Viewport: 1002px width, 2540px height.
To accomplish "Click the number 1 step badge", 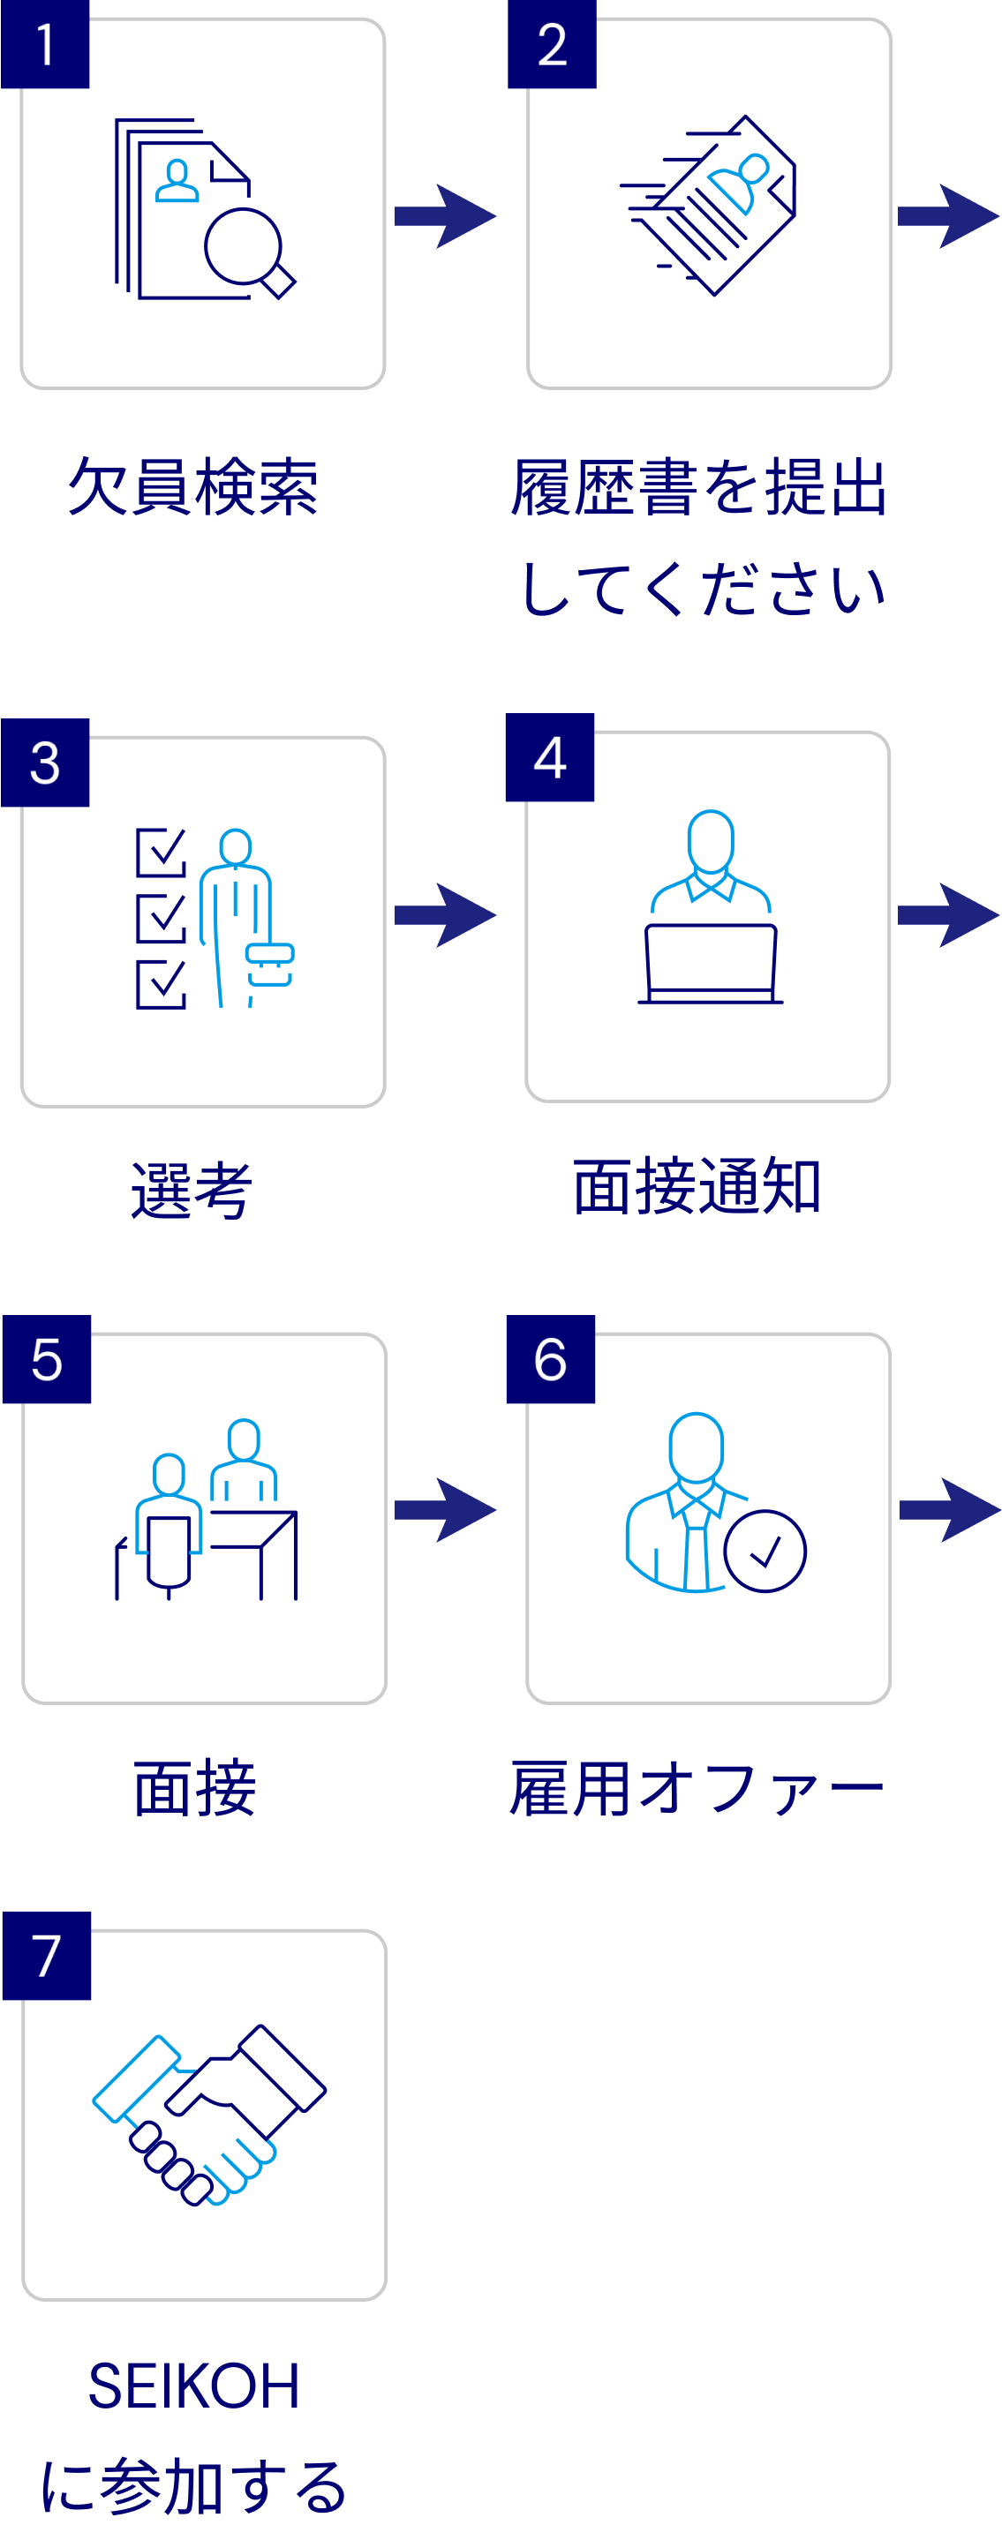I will click(45, 44).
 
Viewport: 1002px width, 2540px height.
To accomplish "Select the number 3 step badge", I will click(45, 763).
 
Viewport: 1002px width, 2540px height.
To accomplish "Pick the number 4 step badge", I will click(549, 757).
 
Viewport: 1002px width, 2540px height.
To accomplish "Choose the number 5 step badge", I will click(47, 1359).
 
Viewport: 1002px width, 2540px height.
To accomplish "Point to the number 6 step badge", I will click(550, 1359).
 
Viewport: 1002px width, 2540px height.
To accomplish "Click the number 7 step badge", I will click(47, 1957).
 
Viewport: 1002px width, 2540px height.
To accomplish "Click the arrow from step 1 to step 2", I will click(445, 216).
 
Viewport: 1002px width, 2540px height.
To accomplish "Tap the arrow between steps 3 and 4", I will click(445, 915).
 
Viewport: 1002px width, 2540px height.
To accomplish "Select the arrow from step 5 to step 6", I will click(445, 1509).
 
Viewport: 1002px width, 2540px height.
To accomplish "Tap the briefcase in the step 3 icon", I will click(269, 965).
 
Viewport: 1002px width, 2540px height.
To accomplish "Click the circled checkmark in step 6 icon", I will click(765, 1551).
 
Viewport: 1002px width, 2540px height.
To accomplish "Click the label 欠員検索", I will click(193, 487).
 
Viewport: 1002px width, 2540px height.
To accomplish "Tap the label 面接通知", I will click(697, 1186).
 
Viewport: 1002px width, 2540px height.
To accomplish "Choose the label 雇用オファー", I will click(697, 1789).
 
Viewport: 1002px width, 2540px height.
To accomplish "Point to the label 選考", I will click(192, 1191).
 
